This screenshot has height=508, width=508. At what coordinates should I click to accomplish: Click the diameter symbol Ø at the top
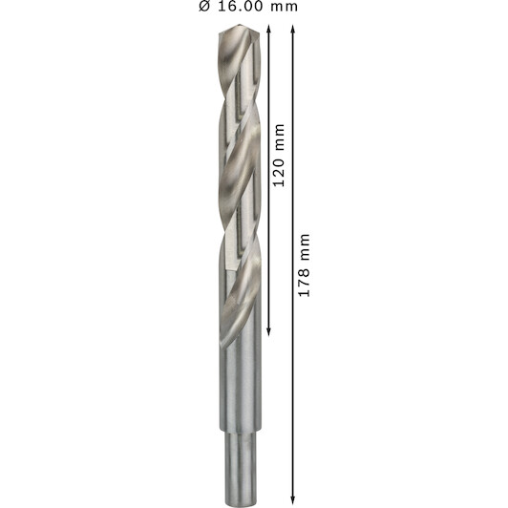pos(205,6)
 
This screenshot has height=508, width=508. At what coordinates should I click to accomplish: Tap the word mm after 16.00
pos(285,8)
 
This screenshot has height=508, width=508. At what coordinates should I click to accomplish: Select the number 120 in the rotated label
pos(279,172)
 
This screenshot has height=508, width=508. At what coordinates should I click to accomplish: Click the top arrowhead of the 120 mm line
pos(268,29)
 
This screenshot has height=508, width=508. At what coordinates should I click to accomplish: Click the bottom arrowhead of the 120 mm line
pos(268,331)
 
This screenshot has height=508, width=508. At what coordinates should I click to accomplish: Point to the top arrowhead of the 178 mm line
pos(293,29)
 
